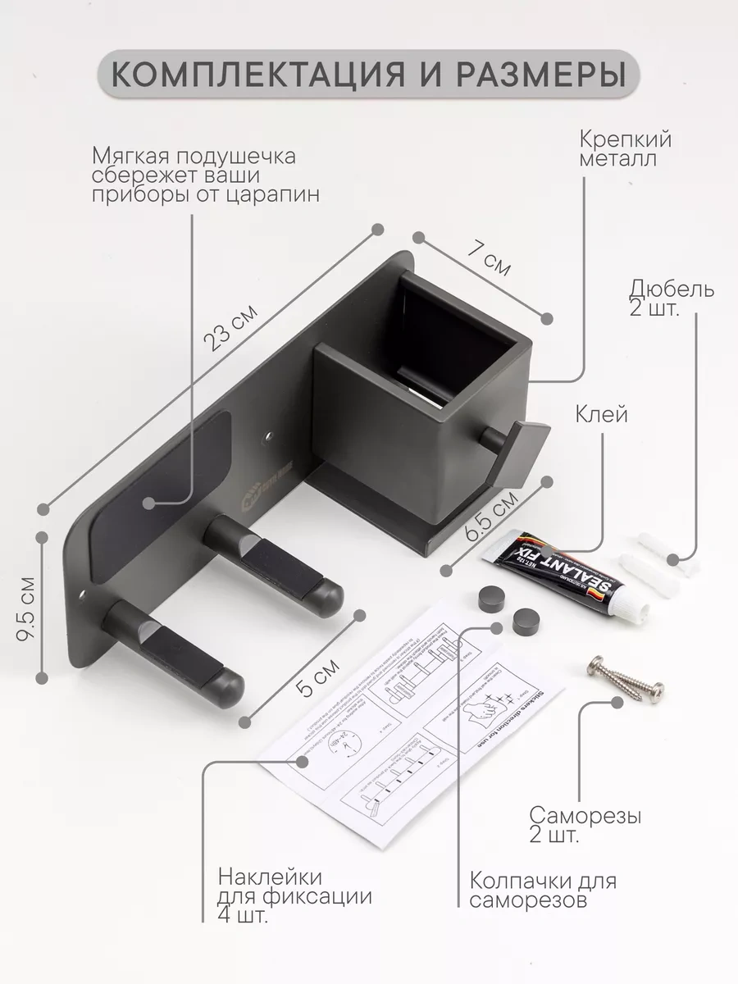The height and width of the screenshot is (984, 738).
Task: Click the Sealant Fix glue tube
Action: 558,574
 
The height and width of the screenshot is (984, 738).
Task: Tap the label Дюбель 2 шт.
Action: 671,300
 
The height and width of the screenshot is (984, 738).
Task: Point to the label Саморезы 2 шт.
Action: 585,826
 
